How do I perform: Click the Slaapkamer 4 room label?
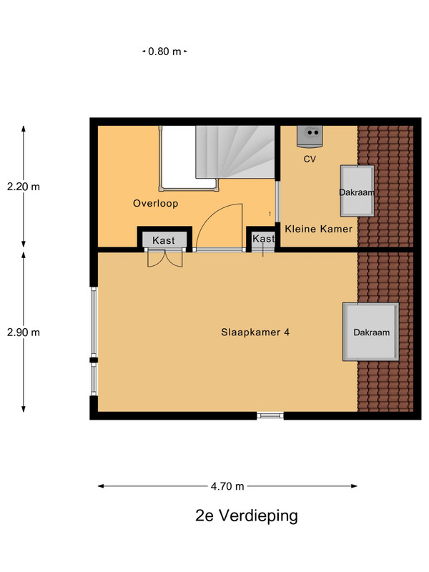[255, 332]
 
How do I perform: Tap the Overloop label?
[155, 204]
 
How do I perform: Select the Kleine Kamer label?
[318, 229]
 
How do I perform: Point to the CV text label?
[310, 159]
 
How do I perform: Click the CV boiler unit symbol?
[310, 137]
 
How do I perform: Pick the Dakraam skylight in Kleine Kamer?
[357, 191]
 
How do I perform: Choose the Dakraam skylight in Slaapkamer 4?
[370, 332]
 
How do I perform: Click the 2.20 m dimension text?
[24, 187]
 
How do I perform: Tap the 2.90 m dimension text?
[24, 332]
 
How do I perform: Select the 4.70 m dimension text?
[227, 486]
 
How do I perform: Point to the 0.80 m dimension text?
[164, 51]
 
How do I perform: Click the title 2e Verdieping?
[247, 516]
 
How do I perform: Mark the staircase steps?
[235, 152]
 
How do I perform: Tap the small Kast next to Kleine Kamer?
[262, 239]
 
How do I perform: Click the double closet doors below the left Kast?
[165, 258]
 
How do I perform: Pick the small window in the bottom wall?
[270, 415]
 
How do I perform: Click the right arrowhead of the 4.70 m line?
[354, 486]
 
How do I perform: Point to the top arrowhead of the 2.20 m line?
[24, 129]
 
